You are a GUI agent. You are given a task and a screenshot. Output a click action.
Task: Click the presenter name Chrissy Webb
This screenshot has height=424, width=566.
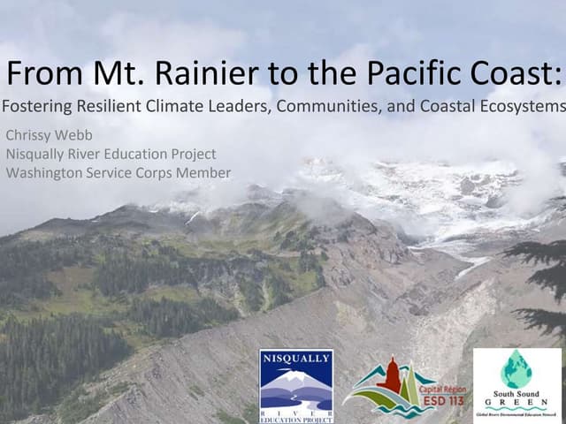(49, 135)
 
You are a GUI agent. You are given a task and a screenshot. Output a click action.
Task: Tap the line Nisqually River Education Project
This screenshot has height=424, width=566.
(111, 154)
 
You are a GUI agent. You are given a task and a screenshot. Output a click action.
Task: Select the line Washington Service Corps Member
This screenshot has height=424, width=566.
(118, 172)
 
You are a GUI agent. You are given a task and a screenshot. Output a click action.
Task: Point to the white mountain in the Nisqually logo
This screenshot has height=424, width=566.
(296, 377)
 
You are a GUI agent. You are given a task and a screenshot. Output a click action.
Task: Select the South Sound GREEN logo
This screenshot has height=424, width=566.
(516, 385)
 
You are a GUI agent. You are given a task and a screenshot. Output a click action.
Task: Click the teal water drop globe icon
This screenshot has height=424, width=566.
(516, 367)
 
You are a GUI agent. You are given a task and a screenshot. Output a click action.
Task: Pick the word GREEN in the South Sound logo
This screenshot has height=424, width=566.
(516, 402)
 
